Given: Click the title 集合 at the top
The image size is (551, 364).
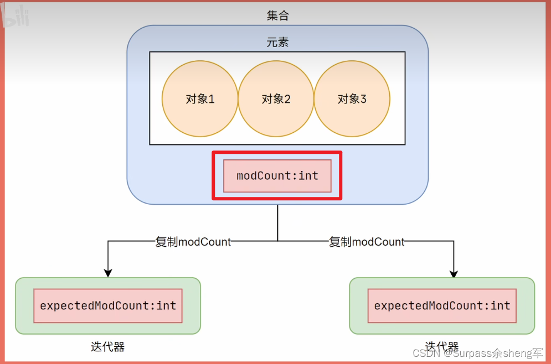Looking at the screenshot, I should (x=277, y=15).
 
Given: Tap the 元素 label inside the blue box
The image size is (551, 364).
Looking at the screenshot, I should (x=277, y=42).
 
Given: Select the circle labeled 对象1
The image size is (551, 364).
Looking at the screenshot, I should (x=200, y=99).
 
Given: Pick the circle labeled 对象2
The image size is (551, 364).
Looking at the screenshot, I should (x=276, y=99).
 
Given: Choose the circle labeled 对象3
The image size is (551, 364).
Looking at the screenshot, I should (x=352, y=99).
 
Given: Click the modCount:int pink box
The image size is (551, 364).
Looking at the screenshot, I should (x=277, y=176).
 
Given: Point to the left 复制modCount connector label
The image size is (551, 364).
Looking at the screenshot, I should (x=193, y=242).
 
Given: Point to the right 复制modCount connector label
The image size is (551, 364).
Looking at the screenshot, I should (x=367, y=242).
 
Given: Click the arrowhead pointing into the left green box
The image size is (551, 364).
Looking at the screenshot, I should (x=108, y=273).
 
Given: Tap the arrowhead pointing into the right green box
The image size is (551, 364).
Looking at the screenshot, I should (x=454, y=273).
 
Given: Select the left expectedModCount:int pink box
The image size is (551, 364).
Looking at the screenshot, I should (x=108, y=305).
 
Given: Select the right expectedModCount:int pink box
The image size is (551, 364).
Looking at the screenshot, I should (x=442, y=305).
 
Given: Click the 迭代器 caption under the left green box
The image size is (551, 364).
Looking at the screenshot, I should (x=108, y=347).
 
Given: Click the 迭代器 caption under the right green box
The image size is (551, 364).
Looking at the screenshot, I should (x=442, y=346).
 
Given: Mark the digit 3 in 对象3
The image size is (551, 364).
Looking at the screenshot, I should (x=363, y=99).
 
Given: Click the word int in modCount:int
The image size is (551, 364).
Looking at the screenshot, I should (x=308, y=176).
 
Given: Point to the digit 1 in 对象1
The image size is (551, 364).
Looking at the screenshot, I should (x=211, y=99).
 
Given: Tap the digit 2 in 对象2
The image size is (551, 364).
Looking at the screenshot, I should (x=287, y=99).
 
